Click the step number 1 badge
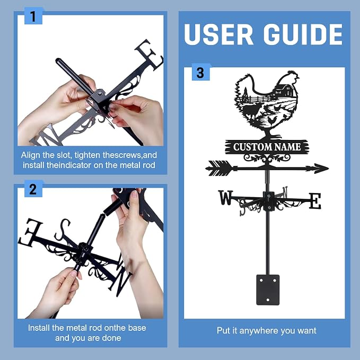coord(33,16)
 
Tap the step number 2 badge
coord(33,189)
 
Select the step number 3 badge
coord(200,73)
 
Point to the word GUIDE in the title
coord(303,34)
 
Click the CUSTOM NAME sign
coord(267,147)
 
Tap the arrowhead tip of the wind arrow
coord(328,169)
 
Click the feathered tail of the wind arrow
coord(219,168)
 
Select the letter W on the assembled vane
coord(225,198)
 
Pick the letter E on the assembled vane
coord(315,201)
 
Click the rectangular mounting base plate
coord(268,289)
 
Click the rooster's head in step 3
coord(291,77)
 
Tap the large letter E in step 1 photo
coord(149,55)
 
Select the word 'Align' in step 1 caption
coord(30,155)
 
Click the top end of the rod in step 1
coord(58,60)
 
